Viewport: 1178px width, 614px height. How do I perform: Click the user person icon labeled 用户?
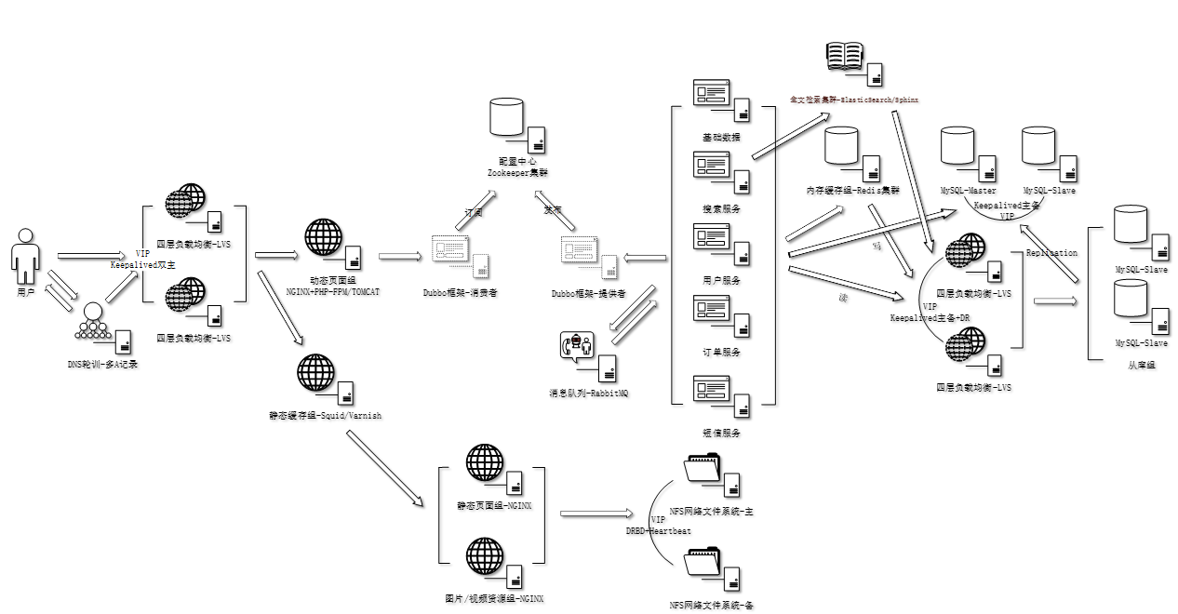pos(25,256)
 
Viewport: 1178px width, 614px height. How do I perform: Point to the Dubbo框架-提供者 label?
pos(588,292)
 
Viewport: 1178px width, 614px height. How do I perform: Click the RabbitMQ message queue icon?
pos(577,346)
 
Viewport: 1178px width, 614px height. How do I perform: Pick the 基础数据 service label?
pos(721,137)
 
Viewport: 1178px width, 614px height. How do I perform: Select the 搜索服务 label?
pos(721,208)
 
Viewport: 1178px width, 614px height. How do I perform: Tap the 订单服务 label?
pos(721,352)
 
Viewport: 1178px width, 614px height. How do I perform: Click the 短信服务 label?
pos(721,432)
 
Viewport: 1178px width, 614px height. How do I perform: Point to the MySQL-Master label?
pos(968,190)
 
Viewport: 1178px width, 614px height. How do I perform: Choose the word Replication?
pos(1051,252)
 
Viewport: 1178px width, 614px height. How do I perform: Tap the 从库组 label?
pos(1141,366)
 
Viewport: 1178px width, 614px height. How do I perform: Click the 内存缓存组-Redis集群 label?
pos(853,190)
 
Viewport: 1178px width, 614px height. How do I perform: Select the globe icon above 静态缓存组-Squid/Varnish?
pos(315,372)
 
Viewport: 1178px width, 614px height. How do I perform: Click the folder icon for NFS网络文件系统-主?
pos(703,468)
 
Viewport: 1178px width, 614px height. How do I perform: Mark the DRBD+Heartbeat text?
pos(659,530)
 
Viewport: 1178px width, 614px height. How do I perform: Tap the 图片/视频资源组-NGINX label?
pos(494,598)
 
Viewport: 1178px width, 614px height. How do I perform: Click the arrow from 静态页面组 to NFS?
pos(596,513)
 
